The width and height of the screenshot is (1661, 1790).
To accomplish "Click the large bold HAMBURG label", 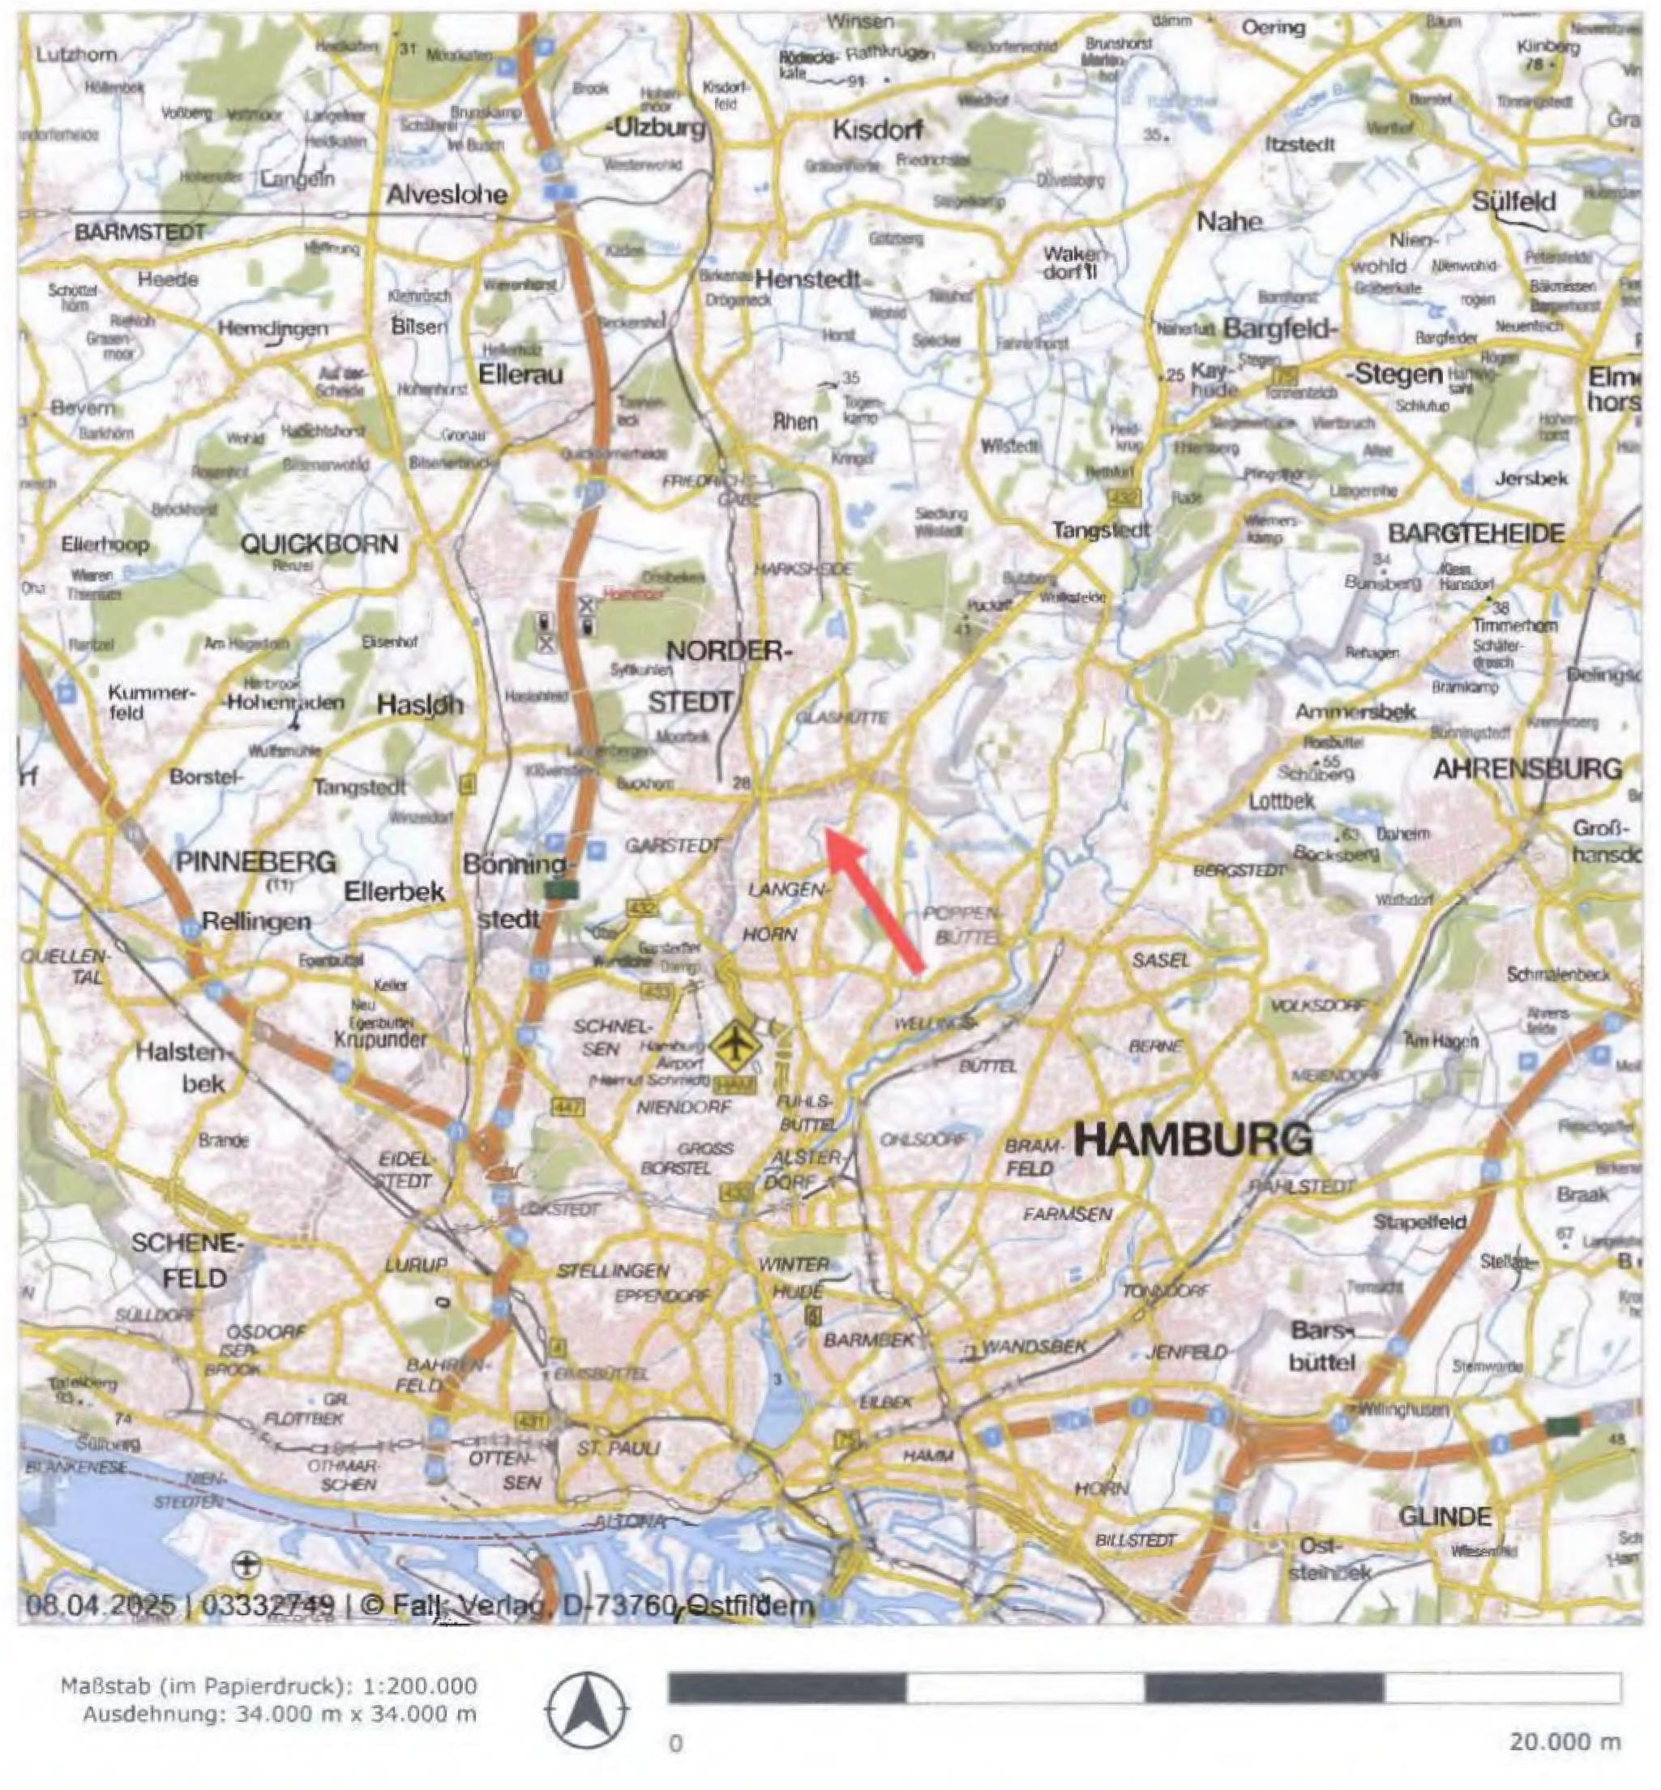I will [x=1192, y=1139].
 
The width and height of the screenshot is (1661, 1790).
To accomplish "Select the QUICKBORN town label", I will [x=319, y=544].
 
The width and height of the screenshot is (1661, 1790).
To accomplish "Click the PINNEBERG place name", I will [x=256, y=861].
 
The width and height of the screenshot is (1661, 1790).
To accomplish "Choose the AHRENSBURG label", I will [x=1527, y=769].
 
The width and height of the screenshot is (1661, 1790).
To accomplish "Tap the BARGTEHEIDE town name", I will [x=1476, y=533].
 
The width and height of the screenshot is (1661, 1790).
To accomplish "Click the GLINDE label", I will [x=1445, y=1517].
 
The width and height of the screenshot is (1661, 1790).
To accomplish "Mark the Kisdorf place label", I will [x=877, y=130].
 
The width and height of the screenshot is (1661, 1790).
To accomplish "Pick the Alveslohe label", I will [x=447, y=194].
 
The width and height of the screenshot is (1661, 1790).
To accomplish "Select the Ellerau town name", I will [x=520, y=374].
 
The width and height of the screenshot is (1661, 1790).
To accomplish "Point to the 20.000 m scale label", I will [x=1565, y=1741].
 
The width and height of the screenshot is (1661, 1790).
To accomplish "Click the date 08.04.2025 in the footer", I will [x=100, y=1604].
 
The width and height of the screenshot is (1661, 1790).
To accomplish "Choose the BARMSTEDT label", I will [x=139, y=233].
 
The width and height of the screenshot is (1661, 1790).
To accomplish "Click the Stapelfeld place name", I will [x=1419, y=1222].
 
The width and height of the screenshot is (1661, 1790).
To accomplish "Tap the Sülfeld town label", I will [x=1513, y=200].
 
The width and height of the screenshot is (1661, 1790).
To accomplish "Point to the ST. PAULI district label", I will [x=619, y=1449].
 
